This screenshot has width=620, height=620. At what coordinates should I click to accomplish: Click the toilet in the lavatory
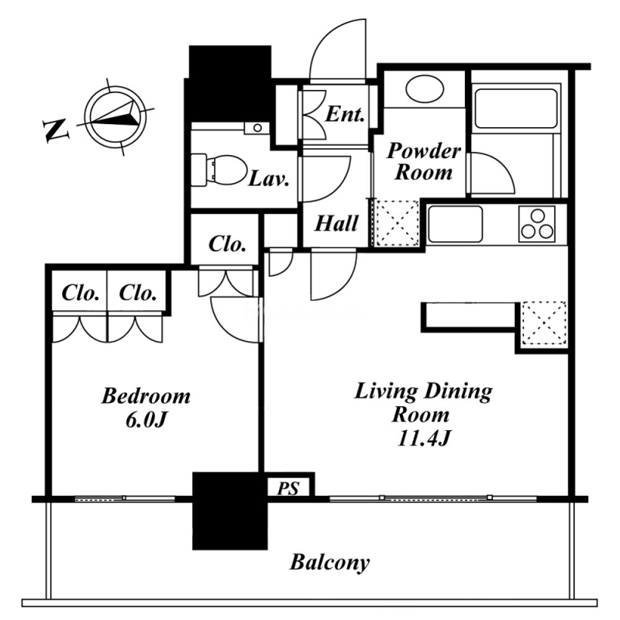pyautogui.click(x=218, y=170)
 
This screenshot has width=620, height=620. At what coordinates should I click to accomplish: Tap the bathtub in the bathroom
pyautogui.click(x=515, y=108)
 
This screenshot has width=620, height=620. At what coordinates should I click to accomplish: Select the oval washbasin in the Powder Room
pyautogui.click(x=425, y=88)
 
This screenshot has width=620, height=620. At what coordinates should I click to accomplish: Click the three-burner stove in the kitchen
pyautogui.click(x=536, y=224)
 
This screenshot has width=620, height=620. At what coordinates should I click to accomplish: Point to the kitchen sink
pyautogui.click(x=455, y=224)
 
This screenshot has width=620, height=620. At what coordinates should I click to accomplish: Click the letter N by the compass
pyautogui.click(x=55, y=129)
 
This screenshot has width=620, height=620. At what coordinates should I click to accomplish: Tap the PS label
pyautogui.click(x=288, y=488)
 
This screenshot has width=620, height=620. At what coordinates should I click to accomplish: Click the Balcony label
pyautogui.click(x=330, y=563)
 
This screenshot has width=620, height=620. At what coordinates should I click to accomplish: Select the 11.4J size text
pyautogui.click(x=423, y=438)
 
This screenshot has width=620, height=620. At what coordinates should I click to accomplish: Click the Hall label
pyautogui.click(x=336, y=223)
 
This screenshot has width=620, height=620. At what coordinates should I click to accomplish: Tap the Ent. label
pyautogui.click(x=345, y=115)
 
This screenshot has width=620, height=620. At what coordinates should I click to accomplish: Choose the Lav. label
pyautogui.click(x=268, y=180)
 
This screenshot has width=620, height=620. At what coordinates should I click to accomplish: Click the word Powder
pyautogui.click(x=424, y=150)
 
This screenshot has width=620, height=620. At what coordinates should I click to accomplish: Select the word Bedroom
pyautogui.click(x=146, y=396)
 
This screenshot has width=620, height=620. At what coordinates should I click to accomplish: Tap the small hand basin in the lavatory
pyautogui.click(x=257, y=128)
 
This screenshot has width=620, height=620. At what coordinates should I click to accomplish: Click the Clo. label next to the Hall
pyautogui.click(x=227, y=244)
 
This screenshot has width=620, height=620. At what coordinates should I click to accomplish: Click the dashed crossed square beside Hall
pyautogui.click(x=397, y=223)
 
